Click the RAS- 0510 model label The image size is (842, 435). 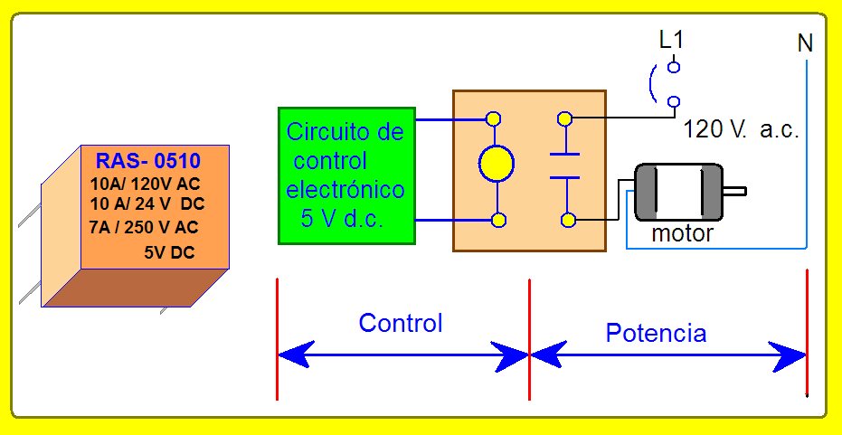point(147,161)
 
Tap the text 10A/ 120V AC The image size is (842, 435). point(145,184)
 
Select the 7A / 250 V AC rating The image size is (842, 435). point(144,227)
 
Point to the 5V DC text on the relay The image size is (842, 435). point(169,252)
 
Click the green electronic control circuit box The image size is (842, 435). point(347,175)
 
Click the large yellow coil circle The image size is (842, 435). point(497,164)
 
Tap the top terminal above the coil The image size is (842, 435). point(493,118)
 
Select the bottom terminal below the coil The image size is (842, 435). point(499,220)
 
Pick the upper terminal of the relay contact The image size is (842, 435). point(564,118)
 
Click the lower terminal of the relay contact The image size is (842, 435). point(568,220)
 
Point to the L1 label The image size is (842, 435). point(672,41)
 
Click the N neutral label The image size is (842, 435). point(805,43)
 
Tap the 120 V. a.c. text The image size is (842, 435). point(742,130)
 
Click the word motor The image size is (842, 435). point(682,233)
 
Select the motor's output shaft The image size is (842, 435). point(734,191)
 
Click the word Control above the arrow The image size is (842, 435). point(401,323)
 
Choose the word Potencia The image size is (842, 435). point(656,333)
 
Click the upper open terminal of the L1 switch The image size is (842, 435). point(674,67)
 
